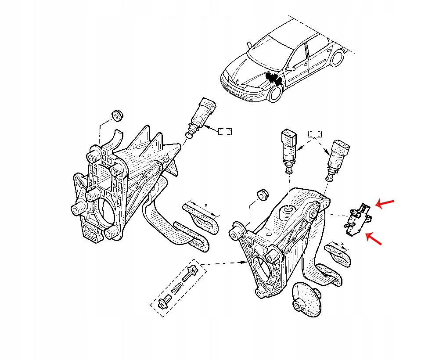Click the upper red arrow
click(x=385, y=203)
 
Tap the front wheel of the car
click(x=276, y=94)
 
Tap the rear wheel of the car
click(x=337, y=58)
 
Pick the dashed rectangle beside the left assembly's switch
click(x=225, y=131)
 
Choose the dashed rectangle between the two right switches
click(x=315, y=133)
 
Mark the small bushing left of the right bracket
click(x=263, y=194)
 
